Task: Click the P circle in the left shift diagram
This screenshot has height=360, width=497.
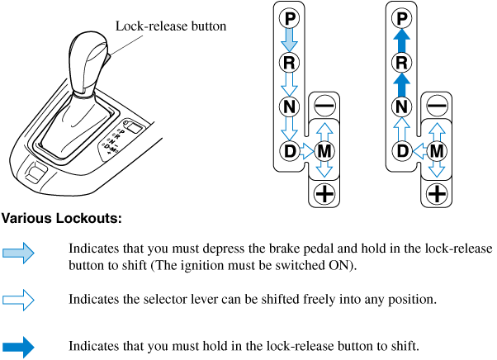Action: [x=290, y=17]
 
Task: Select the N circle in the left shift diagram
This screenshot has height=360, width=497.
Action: [x=290, y=107]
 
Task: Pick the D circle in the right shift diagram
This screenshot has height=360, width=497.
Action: [x=401, y=151]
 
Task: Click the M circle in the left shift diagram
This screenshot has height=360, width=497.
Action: [x=324, y=151]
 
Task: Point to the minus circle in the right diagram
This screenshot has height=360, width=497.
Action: [x=437, y=107]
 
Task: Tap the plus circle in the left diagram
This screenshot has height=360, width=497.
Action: [x=324, y=195]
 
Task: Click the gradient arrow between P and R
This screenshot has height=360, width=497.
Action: [x=290, y=39]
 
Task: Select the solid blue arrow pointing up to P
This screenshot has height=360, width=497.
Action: [x=401, y=39]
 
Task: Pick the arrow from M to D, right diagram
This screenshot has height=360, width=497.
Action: [x=419, y=151]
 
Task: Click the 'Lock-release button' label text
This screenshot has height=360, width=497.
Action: [x=171, y=26]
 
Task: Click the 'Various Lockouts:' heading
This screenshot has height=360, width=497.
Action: [x=62, y=220]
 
